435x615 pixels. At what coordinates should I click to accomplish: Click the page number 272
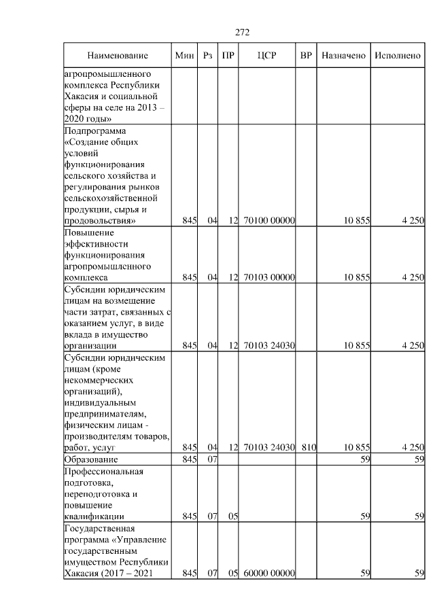(243, 32)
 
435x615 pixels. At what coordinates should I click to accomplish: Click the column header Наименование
(117, 55)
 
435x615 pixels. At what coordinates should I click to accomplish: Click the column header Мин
(184, 55)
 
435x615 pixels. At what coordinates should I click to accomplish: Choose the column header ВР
(306, 55)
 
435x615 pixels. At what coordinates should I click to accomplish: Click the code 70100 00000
(269, 221)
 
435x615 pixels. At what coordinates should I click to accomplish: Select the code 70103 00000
(269, 277)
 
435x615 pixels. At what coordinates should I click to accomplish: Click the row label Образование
(91, 460)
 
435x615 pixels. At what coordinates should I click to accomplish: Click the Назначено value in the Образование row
(365, 460)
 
